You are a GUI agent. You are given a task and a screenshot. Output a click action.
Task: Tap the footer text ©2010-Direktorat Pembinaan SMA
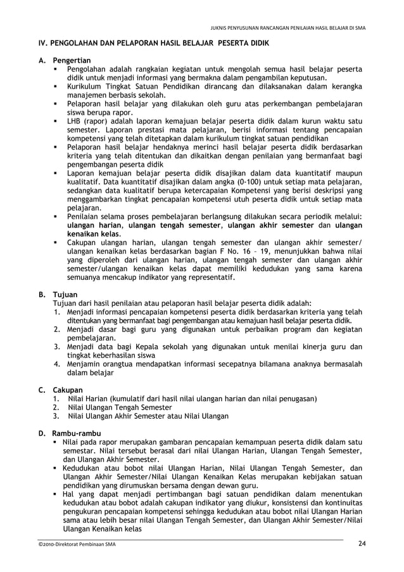tap(75, 544)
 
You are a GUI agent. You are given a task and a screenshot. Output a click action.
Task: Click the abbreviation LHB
tap(76, 121)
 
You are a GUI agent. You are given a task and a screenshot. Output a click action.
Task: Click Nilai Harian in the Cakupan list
tap(89, 398)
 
